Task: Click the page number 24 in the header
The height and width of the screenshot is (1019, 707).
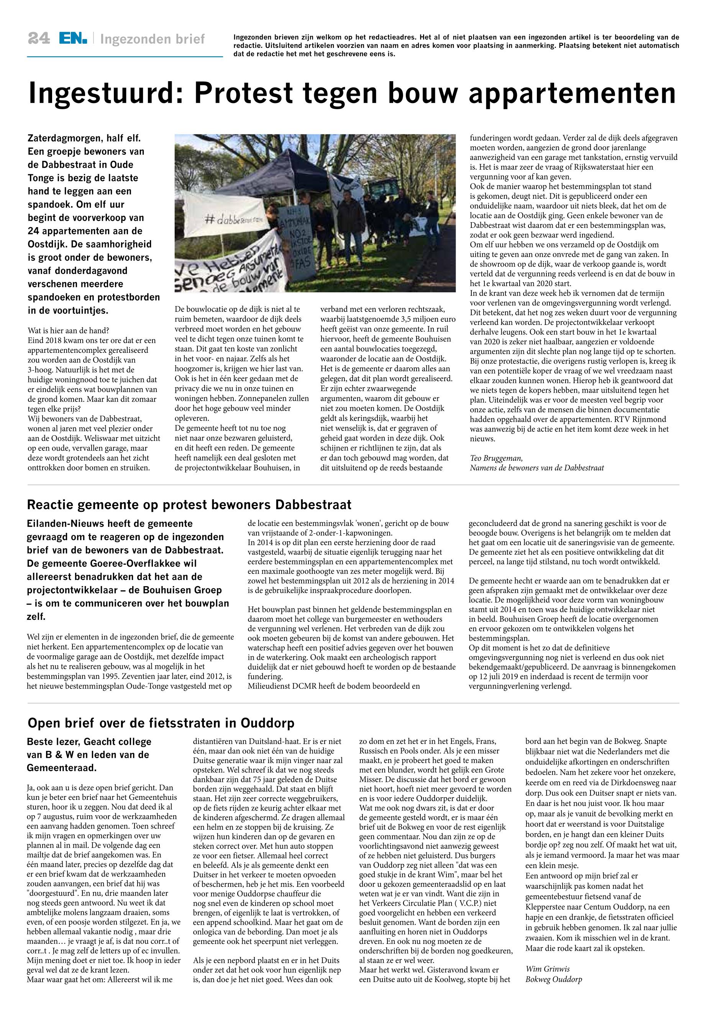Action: pyautogui.click(x=39, y=39)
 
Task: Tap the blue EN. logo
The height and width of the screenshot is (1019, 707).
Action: pyautogui.click(x=74, y=39)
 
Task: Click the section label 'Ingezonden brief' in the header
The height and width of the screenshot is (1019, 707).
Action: pyautogui.click(x=153, y=39)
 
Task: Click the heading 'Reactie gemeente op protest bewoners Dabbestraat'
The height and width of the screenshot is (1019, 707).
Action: pyautogui.click(x=189, y=505)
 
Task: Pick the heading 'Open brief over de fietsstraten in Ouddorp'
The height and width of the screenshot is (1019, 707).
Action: pyautogui.click(x=161, y=724)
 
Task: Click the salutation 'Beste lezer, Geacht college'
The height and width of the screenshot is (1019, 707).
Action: pyautogui.click(x=89, y=742)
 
